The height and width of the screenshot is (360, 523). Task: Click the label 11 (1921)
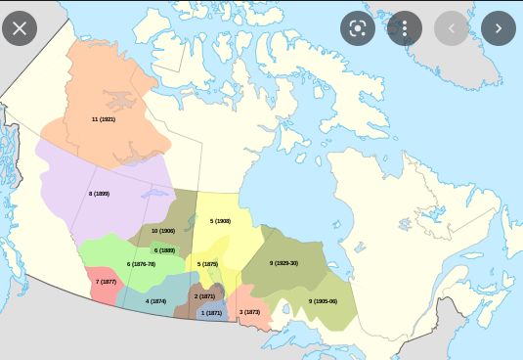coord(104,118)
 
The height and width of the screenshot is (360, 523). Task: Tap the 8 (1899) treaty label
coord(99,194)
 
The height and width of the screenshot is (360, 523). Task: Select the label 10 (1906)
coord(163,231)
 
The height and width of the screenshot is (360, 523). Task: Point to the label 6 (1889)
coord(164,250)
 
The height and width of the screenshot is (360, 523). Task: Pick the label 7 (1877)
coord(106,282)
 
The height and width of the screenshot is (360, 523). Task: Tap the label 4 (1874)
coord(155,301)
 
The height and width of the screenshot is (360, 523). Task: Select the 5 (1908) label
coord(220,221)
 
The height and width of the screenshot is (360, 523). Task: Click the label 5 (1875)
coord(207,264)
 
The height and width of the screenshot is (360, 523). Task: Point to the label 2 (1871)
coord(204,295)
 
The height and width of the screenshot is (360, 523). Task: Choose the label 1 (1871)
coord(211,312)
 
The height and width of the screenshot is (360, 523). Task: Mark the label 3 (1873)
coord(249,312)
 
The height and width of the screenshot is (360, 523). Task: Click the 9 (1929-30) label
coord(283,263)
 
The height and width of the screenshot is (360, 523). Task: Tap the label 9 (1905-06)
coord(323,301)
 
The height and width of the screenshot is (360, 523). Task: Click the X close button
coord(20,27)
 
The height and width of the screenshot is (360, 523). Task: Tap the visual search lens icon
coord(358,27)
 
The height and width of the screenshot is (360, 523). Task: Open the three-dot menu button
coord(405,27)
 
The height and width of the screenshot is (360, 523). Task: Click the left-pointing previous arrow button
coord(452,27)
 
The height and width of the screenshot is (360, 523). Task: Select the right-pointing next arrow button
coord(499,27)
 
